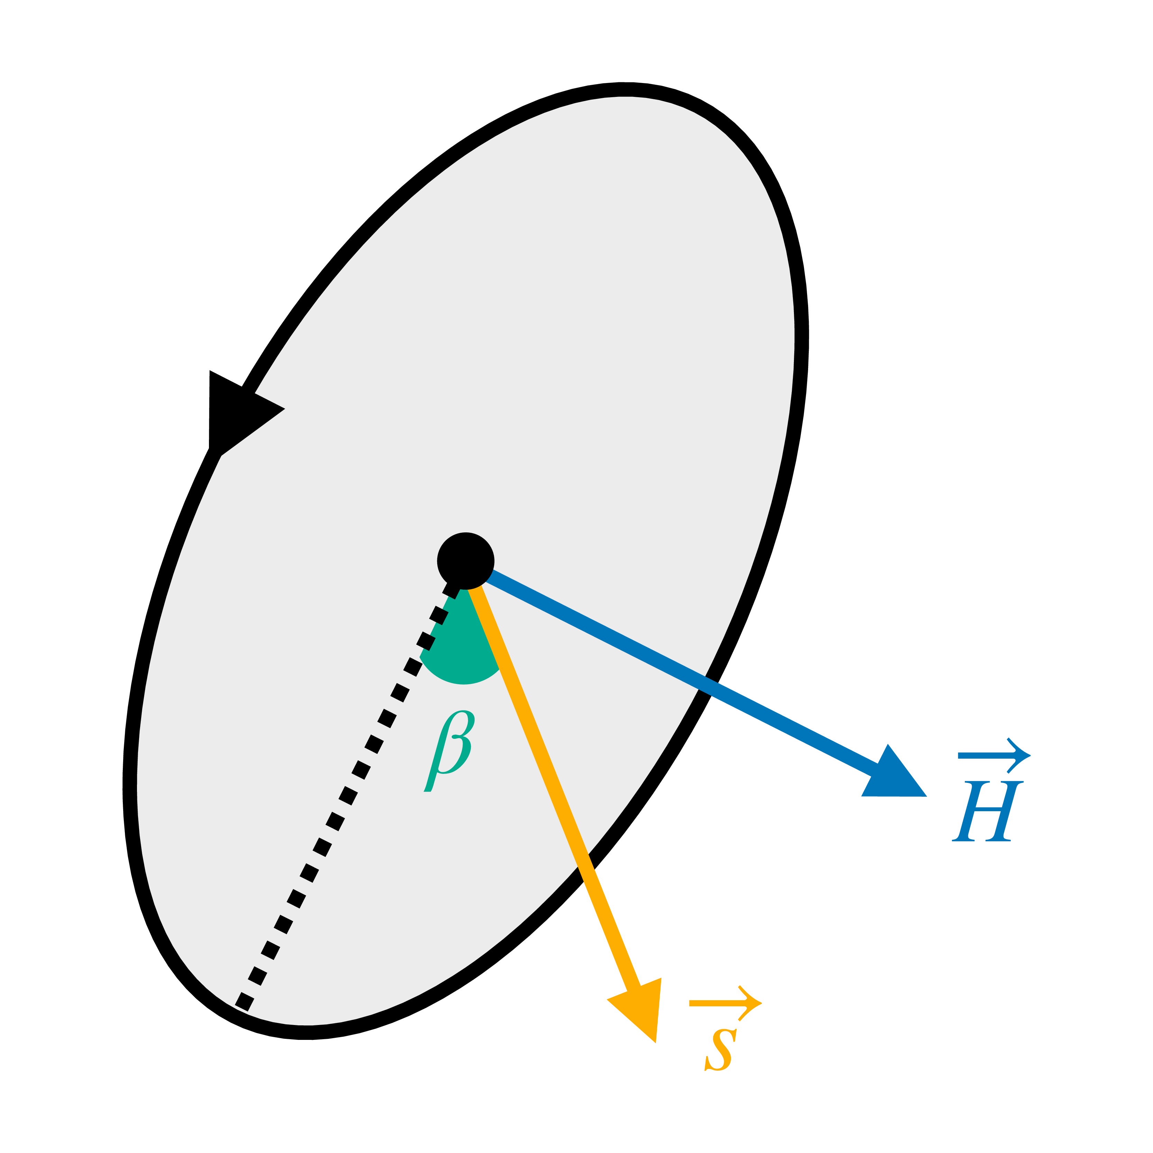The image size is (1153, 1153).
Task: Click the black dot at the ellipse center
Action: click(x=466, y=561)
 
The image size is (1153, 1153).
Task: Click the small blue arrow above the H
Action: click(x=994, y=756)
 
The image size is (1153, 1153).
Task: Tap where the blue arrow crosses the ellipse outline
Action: click(x=709, y=683)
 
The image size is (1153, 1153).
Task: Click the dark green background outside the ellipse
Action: click(x=955, y=179)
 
